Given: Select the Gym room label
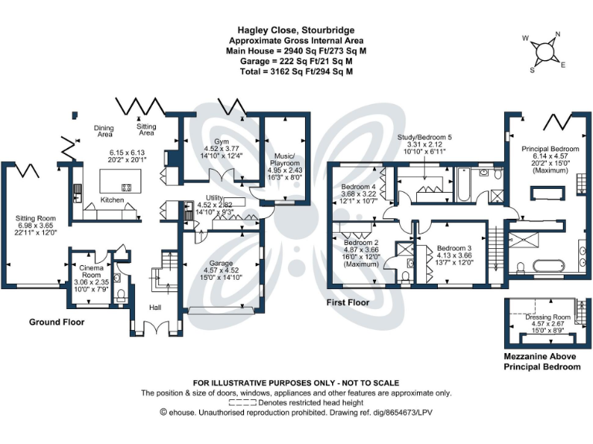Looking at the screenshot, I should [200, 141].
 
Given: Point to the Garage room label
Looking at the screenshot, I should [220, 261].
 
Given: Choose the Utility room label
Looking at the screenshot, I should [215, 197].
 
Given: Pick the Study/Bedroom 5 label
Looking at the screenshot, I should [425, 136].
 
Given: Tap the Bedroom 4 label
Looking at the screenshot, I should [358, 187].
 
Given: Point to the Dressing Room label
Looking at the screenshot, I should [547, 317].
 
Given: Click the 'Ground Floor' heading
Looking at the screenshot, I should [56, 321].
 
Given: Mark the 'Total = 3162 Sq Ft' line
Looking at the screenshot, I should [296, 71].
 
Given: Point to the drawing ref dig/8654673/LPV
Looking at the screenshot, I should [390, 412].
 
